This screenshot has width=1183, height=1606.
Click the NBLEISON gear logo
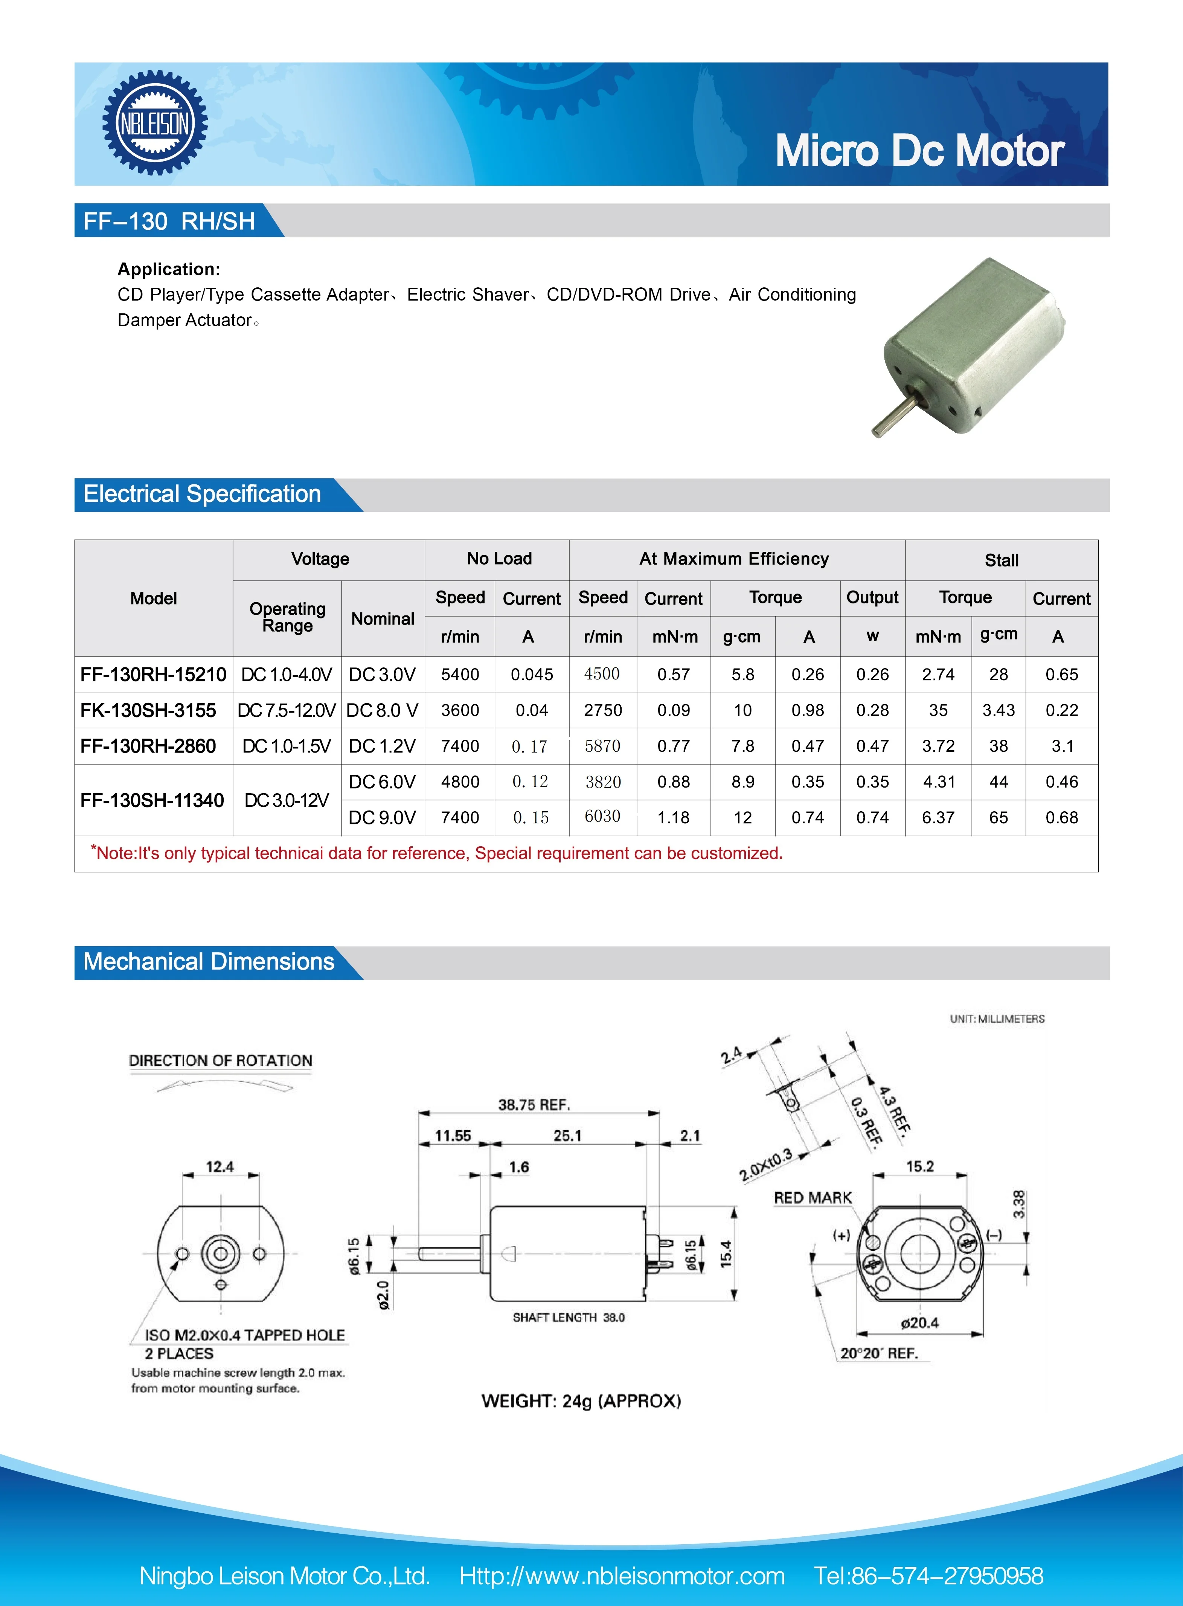coord(155,123)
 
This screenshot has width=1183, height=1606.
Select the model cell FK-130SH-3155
coord(148,711)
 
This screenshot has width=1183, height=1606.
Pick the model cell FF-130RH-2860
coord(148,747)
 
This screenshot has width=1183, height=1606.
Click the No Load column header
coord(499,559)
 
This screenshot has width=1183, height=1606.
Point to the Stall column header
coord(1001,560)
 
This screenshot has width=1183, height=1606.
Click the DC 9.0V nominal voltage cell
coord(383,818)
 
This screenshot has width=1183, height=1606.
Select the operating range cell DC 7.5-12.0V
coord(287,711)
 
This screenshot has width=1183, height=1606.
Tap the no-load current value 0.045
coord(531,675)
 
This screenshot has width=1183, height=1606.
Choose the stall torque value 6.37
coord(938,818)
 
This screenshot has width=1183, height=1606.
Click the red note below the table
coord(437,853)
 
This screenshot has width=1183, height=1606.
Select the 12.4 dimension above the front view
coord(220,1167)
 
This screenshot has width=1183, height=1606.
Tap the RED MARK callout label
coord(813,1198)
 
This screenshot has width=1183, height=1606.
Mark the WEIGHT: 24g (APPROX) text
coord(581,1401)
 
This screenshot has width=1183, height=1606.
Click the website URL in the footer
coord(622,1576)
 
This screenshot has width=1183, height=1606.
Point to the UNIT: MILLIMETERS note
coord(997,1018)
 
